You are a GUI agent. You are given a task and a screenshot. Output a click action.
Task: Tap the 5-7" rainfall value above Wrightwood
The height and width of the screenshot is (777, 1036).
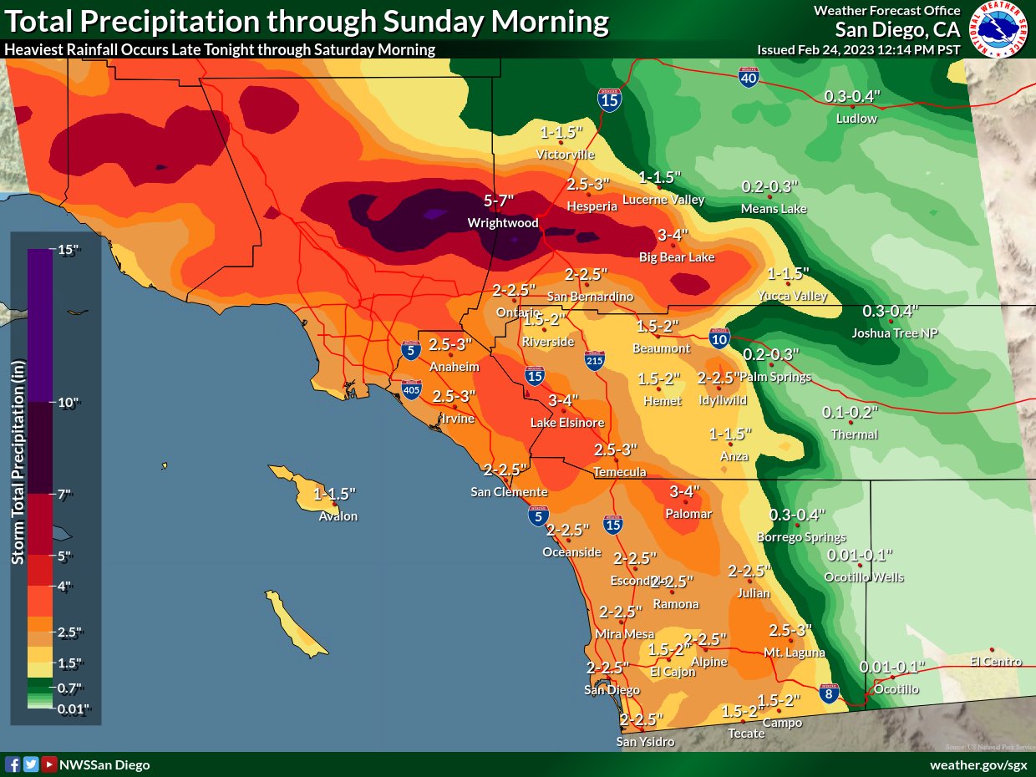tap(499, 201)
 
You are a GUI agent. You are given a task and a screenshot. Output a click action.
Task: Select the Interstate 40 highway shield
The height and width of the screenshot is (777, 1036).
tap(749, 79)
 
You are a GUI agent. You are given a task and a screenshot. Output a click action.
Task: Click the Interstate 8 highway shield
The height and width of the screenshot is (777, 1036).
tap(828, 693)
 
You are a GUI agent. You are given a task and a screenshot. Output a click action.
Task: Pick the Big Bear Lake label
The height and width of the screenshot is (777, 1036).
tap(677, 257)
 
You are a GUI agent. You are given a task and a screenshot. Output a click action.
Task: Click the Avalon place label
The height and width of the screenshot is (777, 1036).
tap(338, 516)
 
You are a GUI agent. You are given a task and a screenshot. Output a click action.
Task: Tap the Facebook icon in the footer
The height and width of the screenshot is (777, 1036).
tap(13, 764)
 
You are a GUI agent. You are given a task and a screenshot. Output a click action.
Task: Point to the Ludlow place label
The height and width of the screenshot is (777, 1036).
tap(856, 119)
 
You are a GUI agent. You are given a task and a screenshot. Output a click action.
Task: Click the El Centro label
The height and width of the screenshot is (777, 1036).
tap(996, 662)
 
